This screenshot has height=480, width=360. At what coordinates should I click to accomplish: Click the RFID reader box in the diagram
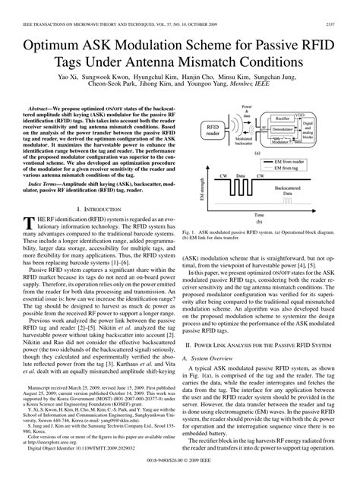click(213, 131)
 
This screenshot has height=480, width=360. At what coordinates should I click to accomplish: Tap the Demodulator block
click(283, 130)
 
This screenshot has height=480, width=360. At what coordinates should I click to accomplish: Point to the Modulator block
click(282, 142)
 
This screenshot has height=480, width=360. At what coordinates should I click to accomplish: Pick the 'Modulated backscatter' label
click(247, 144)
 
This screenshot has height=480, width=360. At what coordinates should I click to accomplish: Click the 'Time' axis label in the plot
click(257, 215)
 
